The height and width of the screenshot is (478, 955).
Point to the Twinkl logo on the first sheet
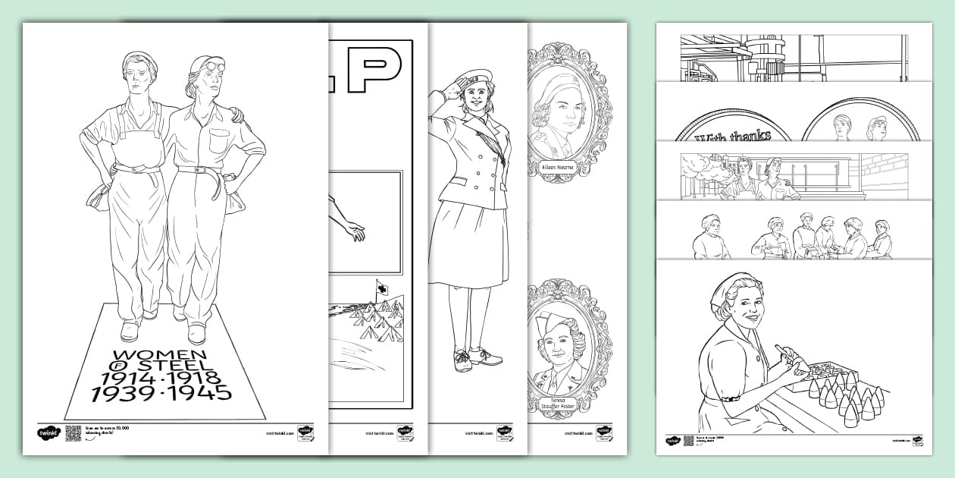coord(48,432)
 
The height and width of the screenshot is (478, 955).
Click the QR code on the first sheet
coord(74,432)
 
